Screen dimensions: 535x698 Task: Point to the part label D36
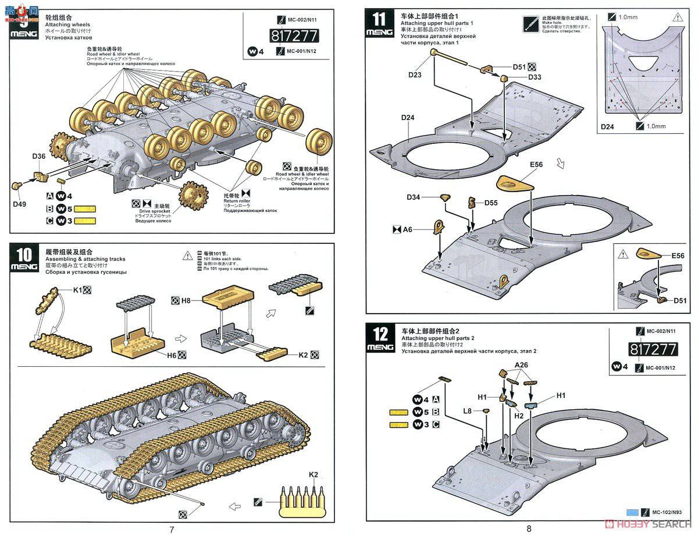tap(39, 156)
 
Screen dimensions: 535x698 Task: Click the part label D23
tap(415, 74)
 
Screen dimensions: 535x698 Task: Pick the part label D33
tap(535, 77)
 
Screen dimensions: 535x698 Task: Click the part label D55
tap(490, 202)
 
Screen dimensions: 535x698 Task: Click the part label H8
tap(186, 300)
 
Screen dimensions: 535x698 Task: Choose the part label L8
tap(467, 411)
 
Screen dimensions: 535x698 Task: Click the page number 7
tap(172, 529)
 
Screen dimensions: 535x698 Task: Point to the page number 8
tap(529, 529)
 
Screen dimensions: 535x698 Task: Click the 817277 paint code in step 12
tap(653, 349)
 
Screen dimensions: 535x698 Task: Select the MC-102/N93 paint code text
tap(671, 512)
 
